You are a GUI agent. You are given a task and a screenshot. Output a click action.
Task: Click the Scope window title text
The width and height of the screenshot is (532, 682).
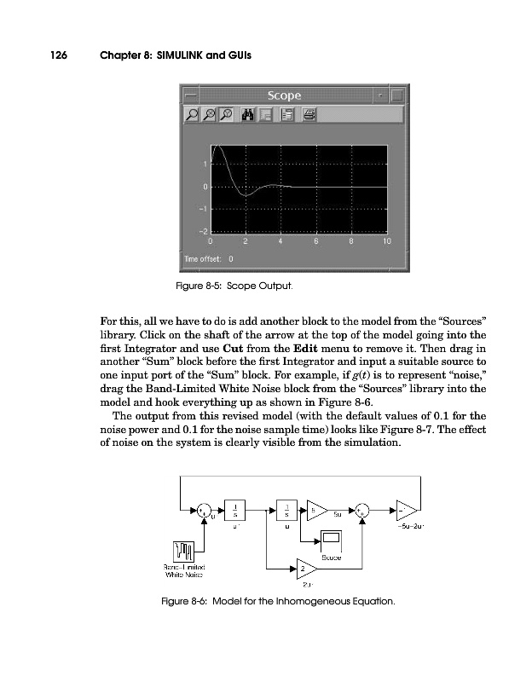(286, 95)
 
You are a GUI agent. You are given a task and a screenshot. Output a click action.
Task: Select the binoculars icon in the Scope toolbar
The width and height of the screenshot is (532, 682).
(250, 114)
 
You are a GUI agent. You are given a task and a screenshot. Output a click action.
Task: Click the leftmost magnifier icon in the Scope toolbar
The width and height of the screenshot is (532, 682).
(194, 114)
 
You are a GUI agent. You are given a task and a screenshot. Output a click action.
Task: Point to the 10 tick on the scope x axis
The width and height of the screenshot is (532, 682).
(386, 240)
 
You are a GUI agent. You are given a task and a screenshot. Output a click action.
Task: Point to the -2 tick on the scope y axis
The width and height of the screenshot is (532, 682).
(202, 231)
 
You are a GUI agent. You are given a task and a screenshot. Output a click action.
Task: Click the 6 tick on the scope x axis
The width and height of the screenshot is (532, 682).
(315, 240)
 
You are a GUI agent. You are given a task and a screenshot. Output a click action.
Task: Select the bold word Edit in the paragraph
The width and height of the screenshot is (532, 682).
(307, 361)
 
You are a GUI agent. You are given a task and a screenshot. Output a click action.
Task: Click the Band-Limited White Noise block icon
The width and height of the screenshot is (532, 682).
(186, 552)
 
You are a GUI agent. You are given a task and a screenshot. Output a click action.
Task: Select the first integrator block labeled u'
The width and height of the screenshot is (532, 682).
(234, 509)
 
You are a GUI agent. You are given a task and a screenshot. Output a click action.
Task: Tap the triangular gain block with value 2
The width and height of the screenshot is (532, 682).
(305, 568)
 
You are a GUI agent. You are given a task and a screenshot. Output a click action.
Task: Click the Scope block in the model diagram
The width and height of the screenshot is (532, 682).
(332, 540)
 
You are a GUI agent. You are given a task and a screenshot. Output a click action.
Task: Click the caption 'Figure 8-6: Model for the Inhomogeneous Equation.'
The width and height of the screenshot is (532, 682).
(279, 604)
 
